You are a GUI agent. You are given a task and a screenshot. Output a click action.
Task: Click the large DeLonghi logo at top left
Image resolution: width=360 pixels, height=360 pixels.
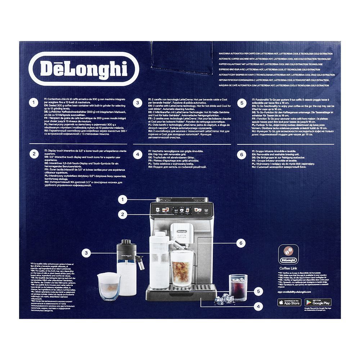[x=83, y=68]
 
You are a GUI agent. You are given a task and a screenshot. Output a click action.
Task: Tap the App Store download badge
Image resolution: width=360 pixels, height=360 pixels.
[x=289, y=302]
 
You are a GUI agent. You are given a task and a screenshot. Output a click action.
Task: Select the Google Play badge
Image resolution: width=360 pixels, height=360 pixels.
[x=318, y=302]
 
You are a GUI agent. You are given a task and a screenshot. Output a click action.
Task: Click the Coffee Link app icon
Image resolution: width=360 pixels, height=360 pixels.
[x=288, y=254]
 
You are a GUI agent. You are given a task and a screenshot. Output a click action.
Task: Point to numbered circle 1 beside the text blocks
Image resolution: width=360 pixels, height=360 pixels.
[x=33, y=103]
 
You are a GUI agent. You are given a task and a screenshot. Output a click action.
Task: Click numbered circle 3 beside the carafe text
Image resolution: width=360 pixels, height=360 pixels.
[x=137, y=103]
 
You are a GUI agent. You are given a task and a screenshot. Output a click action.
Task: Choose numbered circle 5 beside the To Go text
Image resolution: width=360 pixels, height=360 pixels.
[x=242, y=103]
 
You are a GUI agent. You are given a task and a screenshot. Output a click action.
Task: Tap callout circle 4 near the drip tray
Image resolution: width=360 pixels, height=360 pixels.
[x=258, y=307]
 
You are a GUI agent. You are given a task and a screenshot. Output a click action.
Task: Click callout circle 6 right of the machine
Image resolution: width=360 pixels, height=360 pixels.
[x=242, y=243]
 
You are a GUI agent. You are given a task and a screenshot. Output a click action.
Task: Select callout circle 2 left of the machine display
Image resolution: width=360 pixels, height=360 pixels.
[x=123, y=215]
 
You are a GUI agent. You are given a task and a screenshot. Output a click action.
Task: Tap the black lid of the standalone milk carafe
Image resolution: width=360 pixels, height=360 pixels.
[x=127, y=246]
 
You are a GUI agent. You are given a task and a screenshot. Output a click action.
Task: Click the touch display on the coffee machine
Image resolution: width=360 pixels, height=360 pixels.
[x=181, y=210]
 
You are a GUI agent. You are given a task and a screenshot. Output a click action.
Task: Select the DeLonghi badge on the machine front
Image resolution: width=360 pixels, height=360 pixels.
[x=181, y=227]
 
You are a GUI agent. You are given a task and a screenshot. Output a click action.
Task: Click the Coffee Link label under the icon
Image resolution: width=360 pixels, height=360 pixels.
[x=288, y=268]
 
